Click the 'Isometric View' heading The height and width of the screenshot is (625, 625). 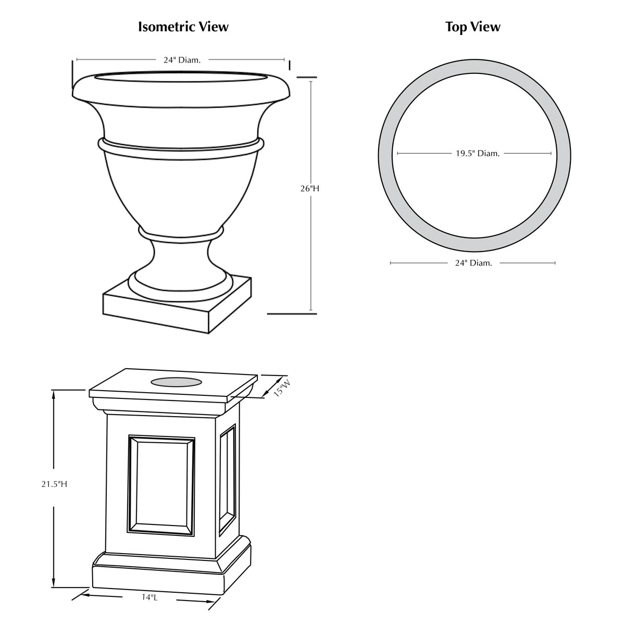coord(183,27)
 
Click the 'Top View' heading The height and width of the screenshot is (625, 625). coord(472,27)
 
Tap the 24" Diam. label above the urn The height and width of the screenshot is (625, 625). coord(182,60)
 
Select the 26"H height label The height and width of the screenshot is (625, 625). coord(310,189)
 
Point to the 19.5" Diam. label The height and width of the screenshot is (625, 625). coord(478,154)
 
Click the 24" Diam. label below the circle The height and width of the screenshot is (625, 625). coord(473,263)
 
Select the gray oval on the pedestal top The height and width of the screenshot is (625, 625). coord(177,382)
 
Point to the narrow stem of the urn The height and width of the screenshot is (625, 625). coord(180,256)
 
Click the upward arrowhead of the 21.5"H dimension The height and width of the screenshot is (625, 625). coord(54,393)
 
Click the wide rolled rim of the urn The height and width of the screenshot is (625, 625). coord(181,97)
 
